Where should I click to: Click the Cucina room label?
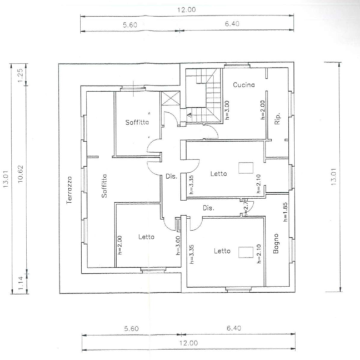(x=244, y=85)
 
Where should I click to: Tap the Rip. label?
(x=277, y=118)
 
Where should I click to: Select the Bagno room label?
(x=276, y=245)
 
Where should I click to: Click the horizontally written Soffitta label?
(x=136, y=122)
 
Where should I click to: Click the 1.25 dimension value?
(x=19, y=74)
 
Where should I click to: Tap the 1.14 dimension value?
(x=20, y=281)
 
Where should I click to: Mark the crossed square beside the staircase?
(x=169, y=99)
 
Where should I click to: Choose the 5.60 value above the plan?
(x=130, y=24)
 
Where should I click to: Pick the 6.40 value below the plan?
(x=234, y=328)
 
